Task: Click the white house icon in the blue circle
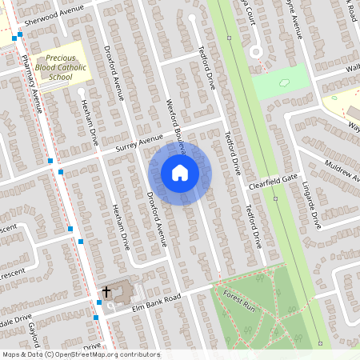click(x=180, y=173)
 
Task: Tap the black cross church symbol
click(x=106, y=293)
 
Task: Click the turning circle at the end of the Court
click(x=256, y=50)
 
